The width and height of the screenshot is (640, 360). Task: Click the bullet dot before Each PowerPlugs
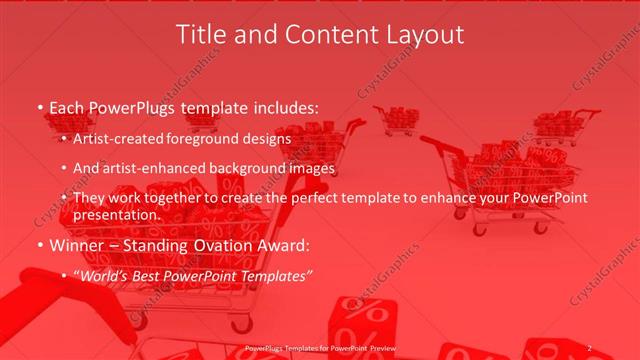[39, 107]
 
